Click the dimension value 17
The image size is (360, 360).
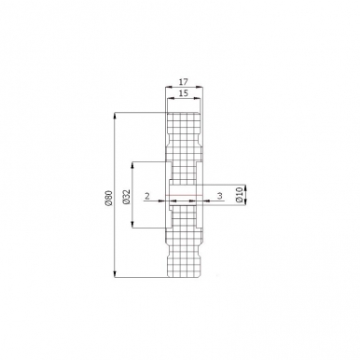point(184,82)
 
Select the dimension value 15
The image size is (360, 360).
point(184,93)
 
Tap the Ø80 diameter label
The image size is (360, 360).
point(108,198)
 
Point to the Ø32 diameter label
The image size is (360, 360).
point(126,197)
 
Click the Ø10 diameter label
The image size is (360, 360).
point(239,195)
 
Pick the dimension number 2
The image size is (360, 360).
point(147,196)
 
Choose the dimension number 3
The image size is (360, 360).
point(220,196)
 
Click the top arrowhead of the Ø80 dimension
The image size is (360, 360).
point(116,116)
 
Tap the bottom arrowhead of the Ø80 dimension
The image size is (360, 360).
point(116,273)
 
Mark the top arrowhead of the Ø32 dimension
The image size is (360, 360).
point(132,166)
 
